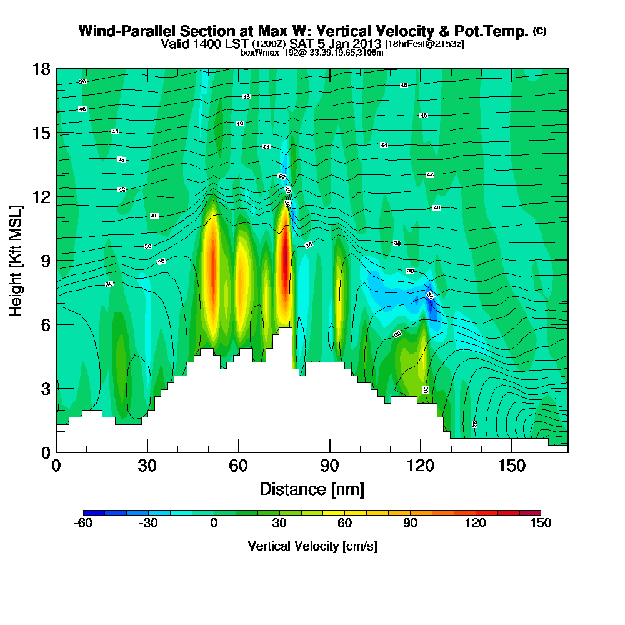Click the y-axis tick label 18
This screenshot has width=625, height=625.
point(41,69)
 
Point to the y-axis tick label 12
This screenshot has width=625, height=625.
point(41,197)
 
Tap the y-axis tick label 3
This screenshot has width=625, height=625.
point(45,389)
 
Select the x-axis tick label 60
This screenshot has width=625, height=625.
point(238,466)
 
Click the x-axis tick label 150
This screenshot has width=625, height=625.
point(512,466)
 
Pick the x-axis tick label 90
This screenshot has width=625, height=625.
point(329,466)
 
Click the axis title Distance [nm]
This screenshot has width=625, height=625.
point(312,489)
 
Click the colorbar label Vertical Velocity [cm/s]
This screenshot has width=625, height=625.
point(312,546)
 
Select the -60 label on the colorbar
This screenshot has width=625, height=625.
point(83,524)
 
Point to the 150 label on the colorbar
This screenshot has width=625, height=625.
point(541,524)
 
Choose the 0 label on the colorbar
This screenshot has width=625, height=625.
point(214,524)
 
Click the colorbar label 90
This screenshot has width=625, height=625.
point(410,524)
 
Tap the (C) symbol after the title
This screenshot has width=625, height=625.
point(539,31)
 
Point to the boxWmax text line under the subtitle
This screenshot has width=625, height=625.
point(312,52)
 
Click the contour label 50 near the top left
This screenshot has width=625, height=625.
point(82,82)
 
